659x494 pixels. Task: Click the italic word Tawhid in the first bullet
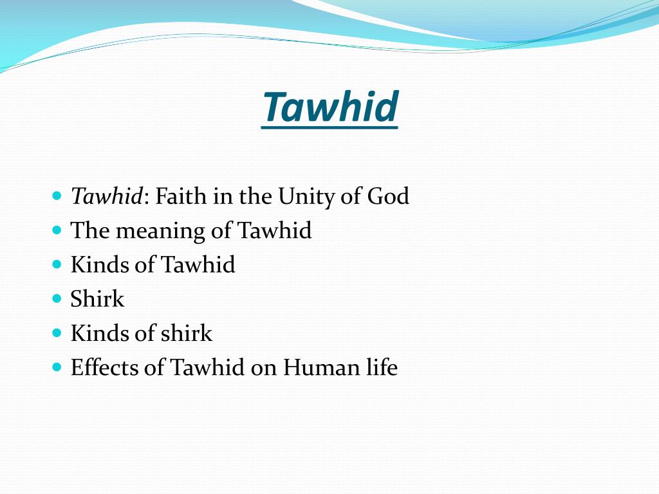coord(106,196)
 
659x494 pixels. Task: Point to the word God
coord(388,196)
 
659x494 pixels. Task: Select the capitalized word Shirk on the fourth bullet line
coord(97,299)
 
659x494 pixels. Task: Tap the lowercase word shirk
coord(186,333)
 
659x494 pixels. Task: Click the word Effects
coord(104,367)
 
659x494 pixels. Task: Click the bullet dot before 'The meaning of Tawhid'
coord(57,230)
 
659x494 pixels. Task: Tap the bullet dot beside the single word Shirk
coord(57,298)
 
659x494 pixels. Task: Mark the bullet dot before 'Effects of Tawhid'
coord(57,367)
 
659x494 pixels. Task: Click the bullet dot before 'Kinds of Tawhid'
coord(57,264)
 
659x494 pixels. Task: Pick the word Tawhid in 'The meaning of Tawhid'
coord(275,230)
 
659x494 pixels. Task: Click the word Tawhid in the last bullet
coord(207,367)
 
